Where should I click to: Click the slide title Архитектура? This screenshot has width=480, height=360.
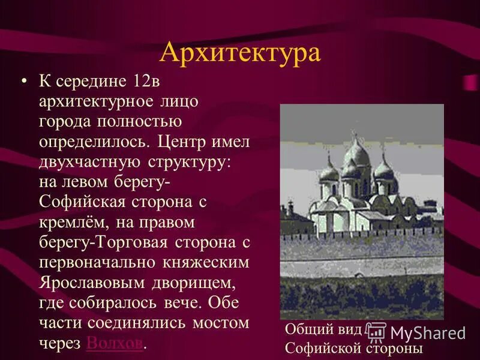[x=240, y=52]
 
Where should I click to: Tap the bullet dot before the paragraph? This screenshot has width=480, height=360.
[x=24, y=80]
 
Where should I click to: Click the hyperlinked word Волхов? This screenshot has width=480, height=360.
[x=115, y=343]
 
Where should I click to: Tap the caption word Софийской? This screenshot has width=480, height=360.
[x=320, y=348]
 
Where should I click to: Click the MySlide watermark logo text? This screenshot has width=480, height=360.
[x=427, y=332]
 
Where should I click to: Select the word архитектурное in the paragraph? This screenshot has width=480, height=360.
[x=100, y=101]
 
